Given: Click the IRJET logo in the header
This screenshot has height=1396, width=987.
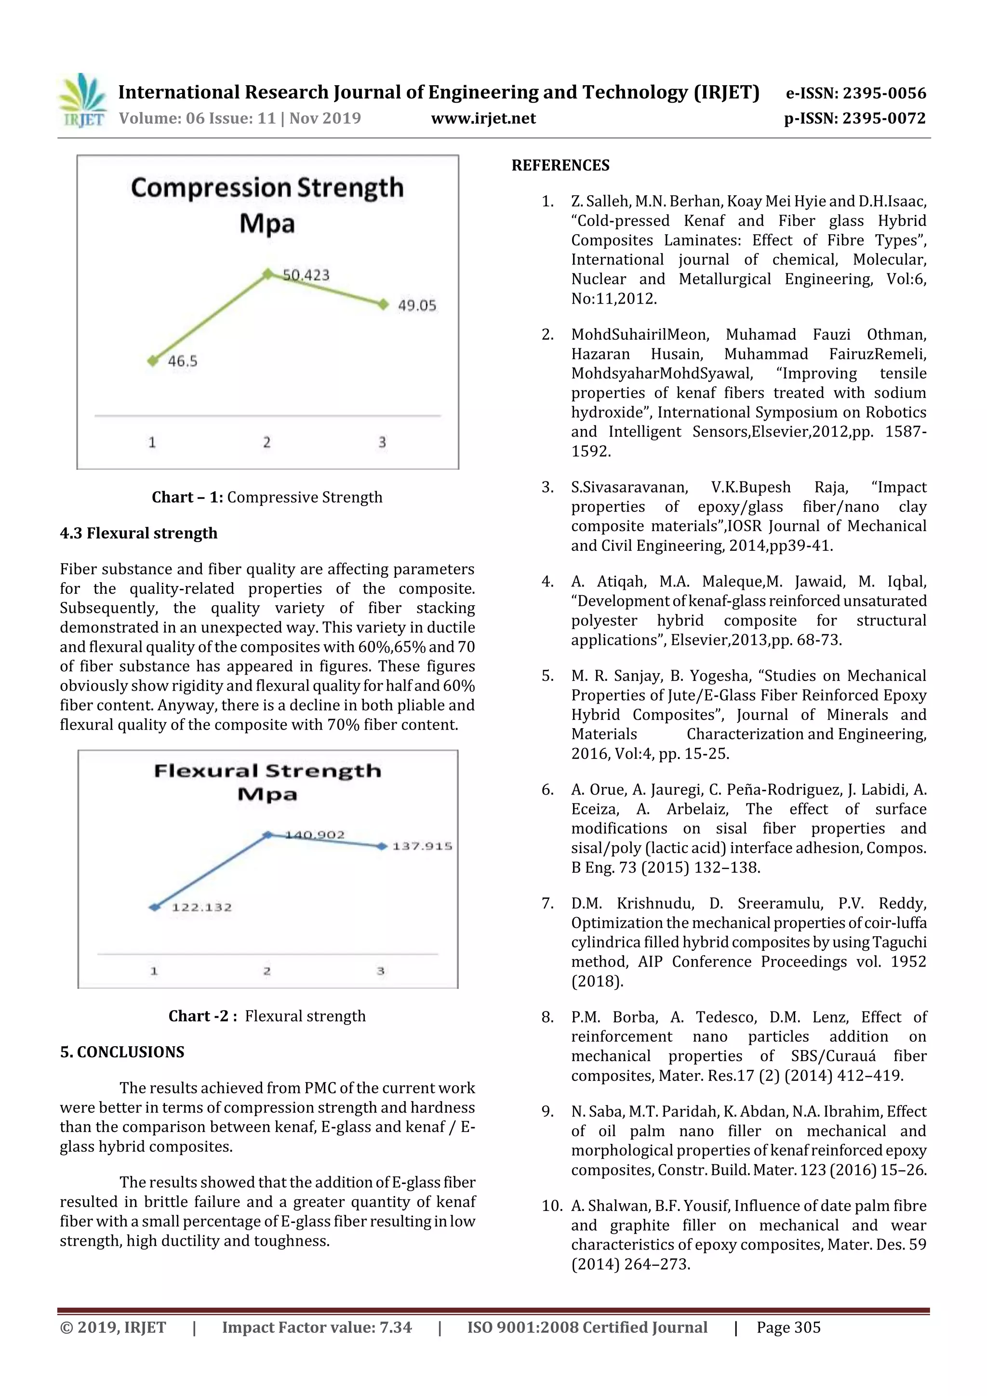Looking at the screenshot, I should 83,100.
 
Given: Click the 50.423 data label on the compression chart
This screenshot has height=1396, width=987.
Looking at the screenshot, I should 307,276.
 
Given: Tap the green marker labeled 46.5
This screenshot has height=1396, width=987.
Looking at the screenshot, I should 153,360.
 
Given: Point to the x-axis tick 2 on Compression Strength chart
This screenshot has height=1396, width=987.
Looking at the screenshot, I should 267,442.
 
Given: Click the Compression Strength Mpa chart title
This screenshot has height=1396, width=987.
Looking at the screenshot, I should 267,205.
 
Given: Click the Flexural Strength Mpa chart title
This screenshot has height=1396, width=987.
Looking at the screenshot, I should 267,782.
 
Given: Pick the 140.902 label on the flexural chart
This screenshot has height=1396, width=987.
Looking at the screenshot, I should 314,835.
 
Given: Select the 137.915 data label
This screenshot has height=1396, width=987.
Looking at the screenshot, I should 422,846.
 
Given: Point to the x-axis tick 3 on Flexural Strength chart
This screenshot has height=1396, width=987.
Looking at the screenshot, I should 381,971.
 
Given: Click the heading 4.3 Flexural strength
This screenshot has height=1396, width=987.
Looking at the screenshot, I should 139,533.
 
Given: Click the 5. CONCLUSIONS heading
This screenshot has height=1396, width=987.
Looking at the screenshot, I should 122,1052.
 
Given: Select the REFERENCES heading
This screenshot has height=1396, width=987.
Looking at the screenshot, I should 560,165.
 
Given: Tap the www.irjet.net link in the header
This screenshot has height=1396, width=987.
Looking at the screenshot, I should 483,118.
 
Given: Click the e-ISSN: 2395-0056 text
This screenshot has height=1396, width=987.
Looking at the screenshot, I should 855,93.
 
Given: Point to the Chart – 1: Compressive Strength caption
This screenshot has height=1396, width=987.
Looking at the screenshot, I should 267,497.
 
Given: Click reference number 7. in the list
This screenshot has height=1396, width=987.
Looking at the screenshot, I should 547,904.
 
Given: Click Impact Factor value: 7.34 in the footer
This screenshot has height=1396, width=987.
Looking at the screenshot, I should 317,1327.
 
